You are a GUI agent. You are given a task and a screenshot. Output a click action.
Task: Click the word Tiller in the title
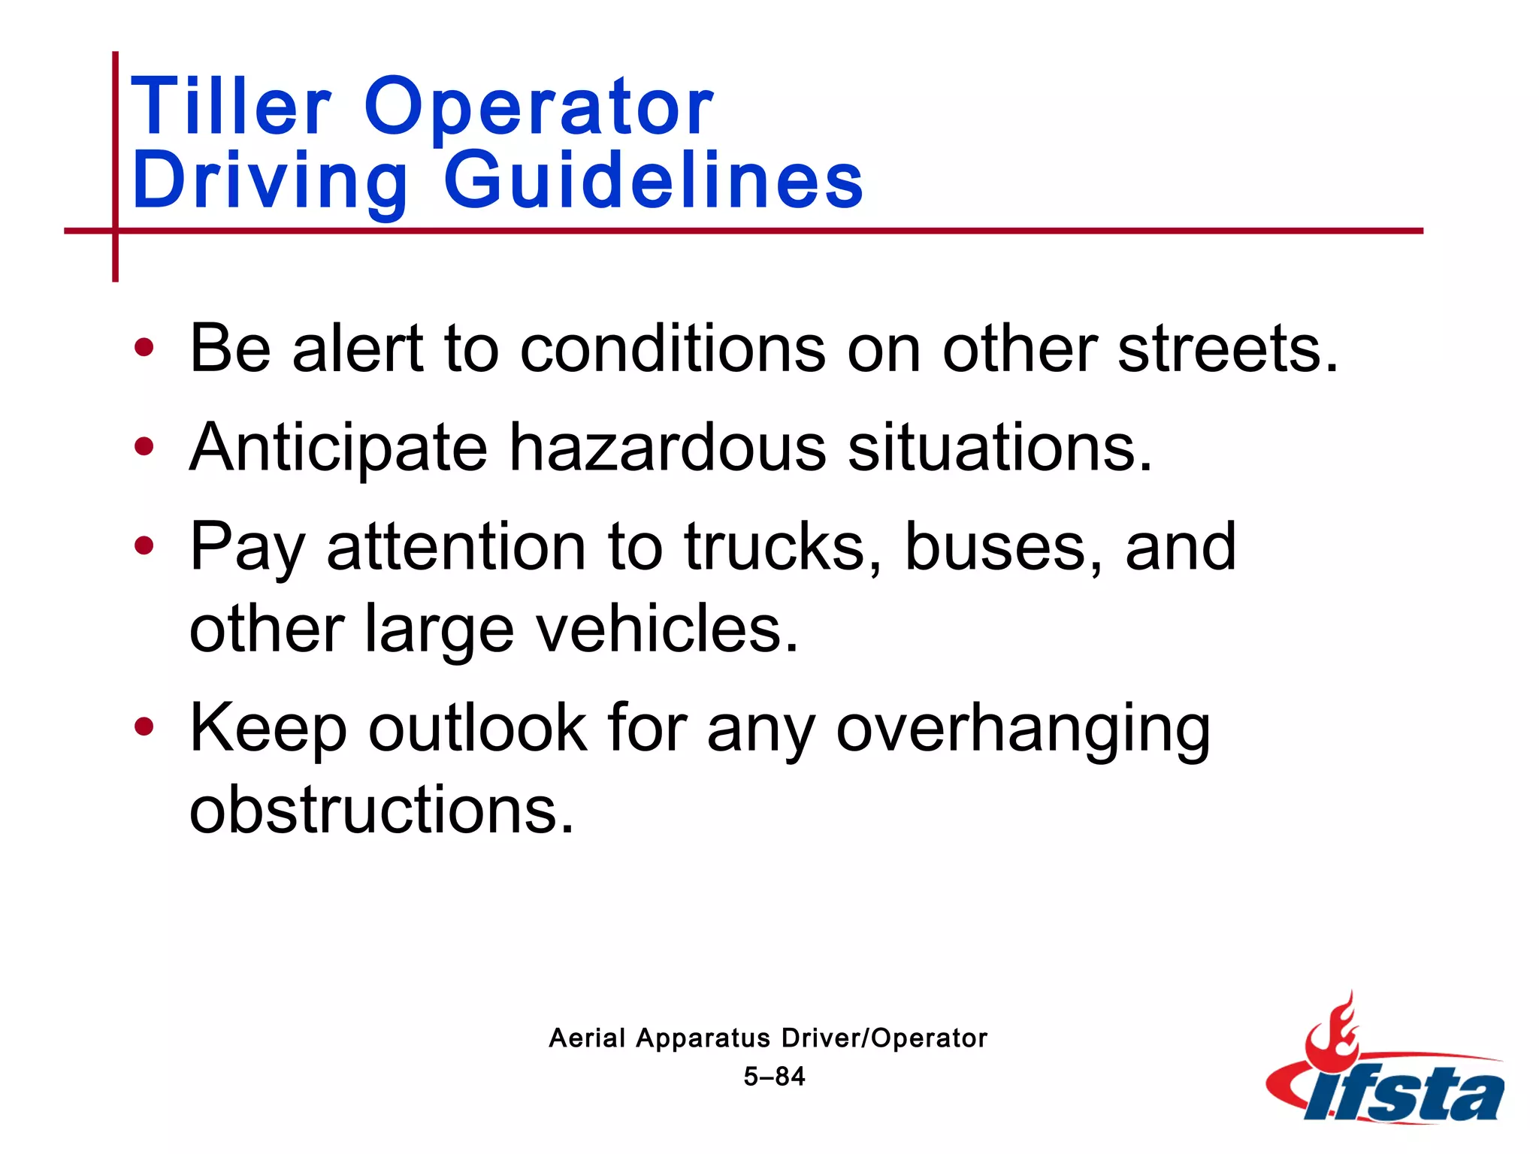click(231, 107)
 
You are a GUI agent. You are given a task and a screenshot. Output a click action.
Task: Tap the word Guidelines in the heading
click(653, 180)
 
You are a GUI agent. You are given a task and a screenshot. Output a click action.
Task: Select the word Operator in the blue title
click(538, 107)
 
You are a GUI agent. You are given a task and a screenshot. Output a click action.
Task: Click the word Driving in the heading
click(270, 180)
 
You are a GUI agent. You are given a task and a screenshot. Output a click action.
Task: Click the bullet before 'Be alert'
click(144, 348)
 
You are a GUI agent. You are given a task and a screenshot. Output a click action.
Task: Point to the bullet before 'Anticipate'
click(144, 447)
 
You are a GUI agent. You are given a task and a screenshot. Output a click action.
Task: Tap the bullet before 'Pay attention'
click(144, 546)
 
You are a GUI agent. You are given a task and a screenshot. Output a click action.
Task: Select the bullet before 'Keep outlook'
click(144, 727)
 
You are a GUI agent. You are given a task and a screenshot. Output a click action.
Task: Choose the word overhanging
click(1023, 728)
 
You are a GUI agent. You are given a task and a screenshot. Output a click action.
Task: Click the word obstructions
click(381, 809)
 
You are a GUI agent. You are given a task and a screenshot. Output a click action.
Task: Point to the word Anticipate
click(339, 449)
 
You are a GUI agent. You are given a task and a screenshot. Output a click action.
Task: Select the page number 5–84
click(774, 1077)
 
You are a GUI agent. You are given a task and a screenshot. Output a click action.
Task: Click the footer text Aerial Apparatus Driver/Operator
click(768, 1038)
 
